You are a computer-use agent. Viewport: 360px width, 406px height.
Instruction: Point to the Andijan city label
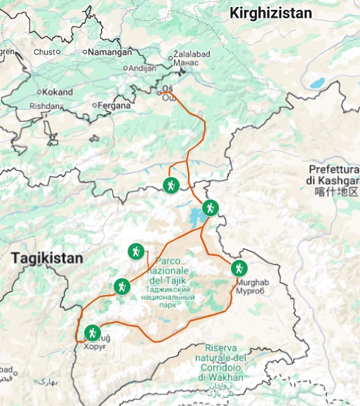[144, 68]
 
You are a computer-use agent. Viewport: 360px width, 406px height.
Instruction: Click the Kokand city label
[57, 92]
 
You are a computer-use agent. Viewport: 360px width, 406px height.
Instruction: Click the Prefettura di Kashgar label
[333, 175]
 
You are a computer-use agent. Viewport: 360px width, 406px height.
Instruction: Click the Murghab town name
[252, 282]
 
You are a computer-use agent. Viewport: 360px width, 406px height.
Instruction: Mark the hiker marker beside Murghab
[239, 268]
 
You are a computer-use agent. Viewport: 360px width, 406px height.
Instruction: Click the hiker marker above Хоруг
[92, 332]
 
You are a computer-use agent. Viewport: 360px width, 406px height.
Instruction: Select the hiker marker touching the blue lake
[210, 208]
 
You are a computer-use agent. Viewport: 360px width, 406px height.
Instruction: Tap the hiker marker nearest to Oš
[170, 185]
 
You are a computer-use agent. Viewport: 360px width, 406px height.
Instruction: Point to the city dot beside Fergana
[94, 106]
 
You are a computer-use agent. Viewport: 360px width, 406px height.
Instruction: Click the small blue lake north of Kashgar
[317, 83]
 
